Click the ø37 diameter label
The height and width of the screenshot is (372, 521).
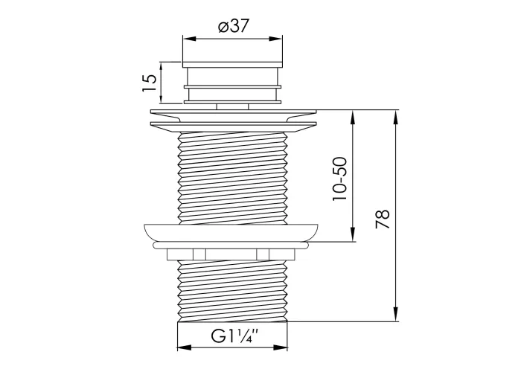(233, 26)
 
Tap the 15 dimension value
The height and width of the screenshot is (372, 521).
(149, 83)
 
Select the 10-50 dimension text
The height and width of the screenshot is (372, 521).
(339, 179)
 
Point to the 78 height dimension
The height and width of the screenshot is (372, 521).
(382, 219)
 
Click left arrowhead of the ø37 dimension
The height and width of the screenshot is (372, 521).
(189, 39)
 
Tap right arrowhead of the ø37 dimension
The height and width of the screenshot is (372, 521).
(276, 39)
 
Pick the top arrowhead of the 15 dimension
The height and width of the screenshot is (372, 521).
(162, 68)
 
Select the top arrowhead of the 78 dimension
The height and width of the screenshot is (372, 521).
(396, 116)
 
